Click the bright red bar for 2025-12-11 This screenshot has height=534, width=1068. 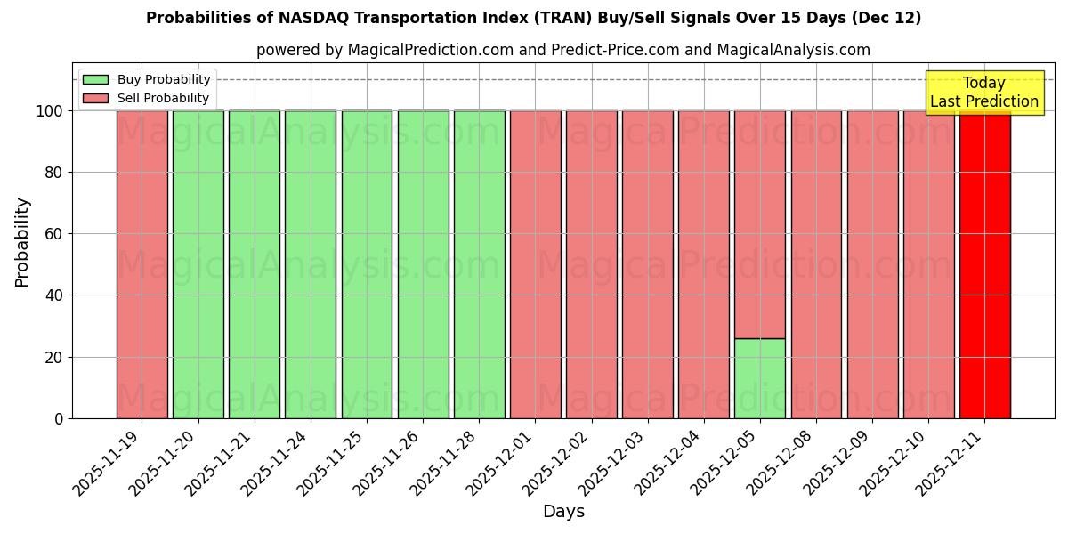click(984, 264)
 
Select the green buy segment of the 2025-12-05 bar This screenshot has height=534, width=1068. click(759, 378)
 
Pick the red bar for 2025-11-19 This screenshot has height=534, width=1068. click(142, 264)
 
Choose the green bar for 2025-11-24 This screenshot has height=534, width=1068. click(311, 264)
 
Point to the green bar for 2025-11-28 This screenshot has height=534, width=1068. click(479, 264)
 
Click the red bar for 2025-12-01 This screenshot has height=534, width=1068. click(535, 264)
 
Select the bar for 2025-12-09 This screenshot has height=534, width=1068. click(872, 264)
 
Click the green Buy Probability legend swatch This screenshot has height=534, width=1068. click(95, 79)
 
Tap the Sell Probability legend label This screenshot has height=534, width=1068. click(163, 98)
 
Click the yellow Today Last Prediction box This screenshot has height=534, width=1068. click(983, 93)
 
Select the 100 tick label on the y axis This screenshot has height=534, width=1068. click(50, 111)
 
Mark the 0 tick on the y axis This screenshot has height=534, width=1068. click(59, 418)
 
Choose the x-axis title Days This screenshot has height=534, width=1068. click(563, 512)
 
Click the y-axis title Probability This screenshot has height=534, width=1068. click(22, 242)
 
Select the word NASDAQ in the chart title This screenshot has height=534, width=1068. click(315, 18)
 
